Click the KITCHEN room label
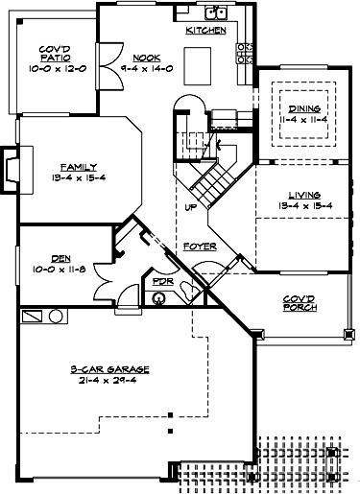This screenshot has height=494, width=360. (205, 32)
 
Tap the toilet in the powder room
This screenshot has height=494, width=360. (158, 298)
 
